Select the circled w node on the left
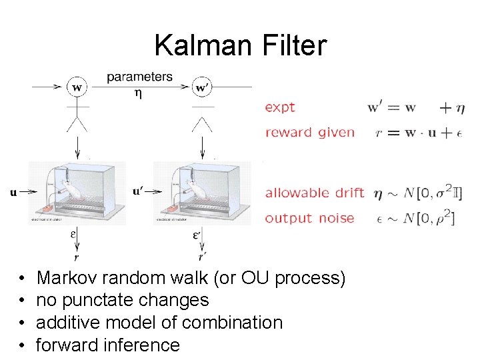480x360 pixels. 78,87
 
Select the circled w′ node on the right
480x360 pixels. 201,87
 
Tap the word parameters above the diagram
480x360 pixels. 139,77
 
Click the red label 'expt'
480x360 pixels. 280,107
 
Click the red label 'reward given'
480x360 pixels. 309,132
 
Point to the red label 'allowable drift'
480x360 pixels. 315,193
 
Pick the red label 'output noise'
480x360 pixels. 309,218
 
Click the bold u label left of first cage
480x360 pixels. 13,193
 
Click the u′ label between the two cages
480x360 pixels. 137,191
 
